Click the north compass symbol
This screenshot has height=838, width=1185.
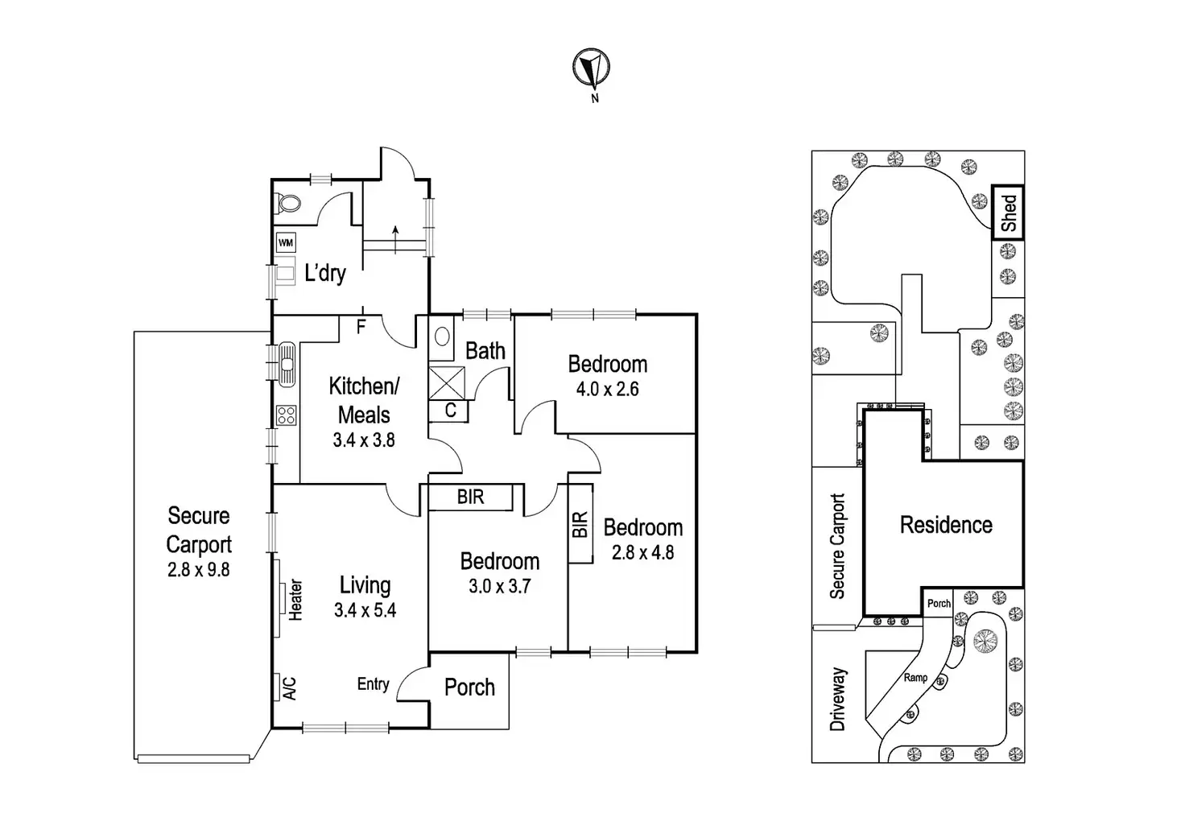point(592,68)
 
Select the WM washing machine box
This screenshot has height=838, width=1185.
point(286,241)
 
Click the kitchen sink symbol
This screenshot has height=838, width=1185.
point(287,362)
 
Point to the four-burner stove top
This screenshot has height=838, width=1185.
point(286,415)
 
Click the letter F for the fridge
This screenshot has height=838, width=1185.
point(361,327)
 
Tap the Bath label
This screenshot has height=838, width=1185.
point(485,351)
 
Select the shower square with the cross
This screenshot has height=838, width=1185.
point(447,382)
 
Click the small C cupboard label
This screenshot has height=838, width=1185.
point(451,411)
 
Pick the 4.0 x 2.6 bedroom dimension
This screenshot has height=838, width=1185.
point(607,389)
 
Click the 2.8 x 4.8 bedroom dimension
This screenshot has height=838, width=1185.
point(642,552)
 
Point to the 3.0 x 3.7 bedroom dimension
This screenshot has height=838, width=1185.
point(499,586)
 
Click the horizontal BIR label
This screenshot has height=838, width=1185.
point(471,497)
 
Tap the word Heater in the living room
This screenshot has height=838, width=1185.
point(296,599)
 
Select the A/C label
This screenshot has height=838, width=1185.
point(290,687)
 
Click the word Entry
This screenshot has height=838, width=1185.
point(373,683)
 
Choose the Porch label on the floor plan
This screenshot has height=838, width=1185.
point(469,687)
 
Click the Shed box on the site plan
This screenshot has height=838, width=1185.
point(1008,213)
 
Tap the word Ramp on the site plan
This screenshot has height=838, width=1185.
point(915,678)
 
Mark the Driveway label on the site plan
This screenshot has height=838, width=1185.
point(838,699)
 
